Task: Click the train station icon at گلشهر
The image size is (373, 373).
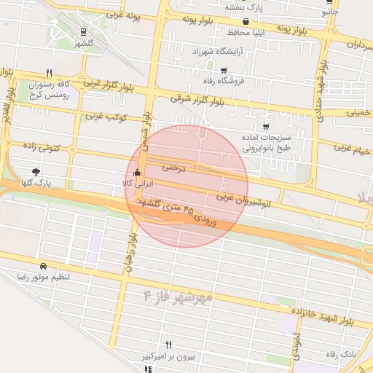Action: [x=84, y=32]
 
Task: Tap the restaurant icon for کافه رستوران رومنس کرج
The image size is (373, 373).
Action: [x=49, y=73]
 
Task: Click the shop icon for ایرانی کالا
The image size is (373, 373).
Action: [x=138, y=173]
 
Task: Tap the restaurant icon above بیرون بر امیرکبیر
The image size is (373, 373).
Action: [x=169, y=345]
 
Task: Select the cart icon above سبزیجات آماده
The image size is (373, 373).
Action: [x=265, y=126]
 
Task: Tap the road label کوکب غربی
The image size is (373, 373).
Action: [x=106, y=116]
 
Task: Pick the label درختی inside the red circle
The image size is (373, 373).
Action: [x=170, y=167]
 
